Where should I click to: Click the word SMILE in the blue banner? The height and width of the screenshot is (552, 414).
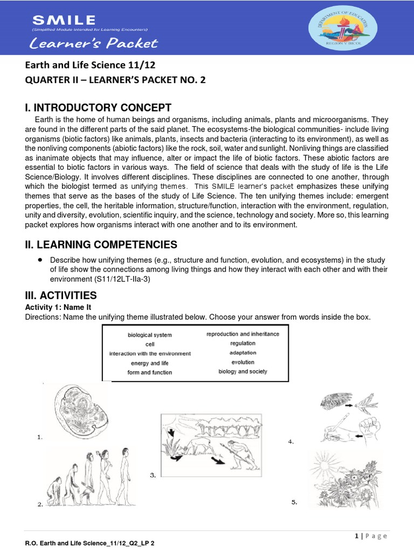[64, 20]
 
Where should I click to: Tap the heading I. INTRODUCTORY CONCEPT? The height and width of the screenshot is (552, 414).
[98, 107]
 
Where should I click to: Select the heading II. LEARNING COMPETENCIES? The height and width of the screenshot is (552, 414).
[101, 245]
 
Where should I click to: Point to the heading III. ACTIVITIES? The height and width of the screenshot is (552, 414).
[61, 295]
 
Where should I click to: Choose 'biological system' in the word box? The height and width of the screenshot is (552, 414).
[149, 335]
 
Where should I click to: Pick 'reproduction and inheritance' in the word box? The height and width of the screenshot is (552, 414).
[243, 334]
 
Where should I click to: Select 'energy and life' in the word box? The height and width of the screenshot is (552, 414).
[150, 363]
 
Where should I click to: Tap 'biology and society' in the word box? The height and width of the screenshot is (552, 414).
[243, 371]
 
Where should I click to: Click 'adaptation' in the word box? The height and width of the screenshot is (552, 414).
[243, 353]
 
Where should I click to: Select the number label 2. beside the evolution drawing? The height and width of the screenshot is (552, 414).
[40, 505]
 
